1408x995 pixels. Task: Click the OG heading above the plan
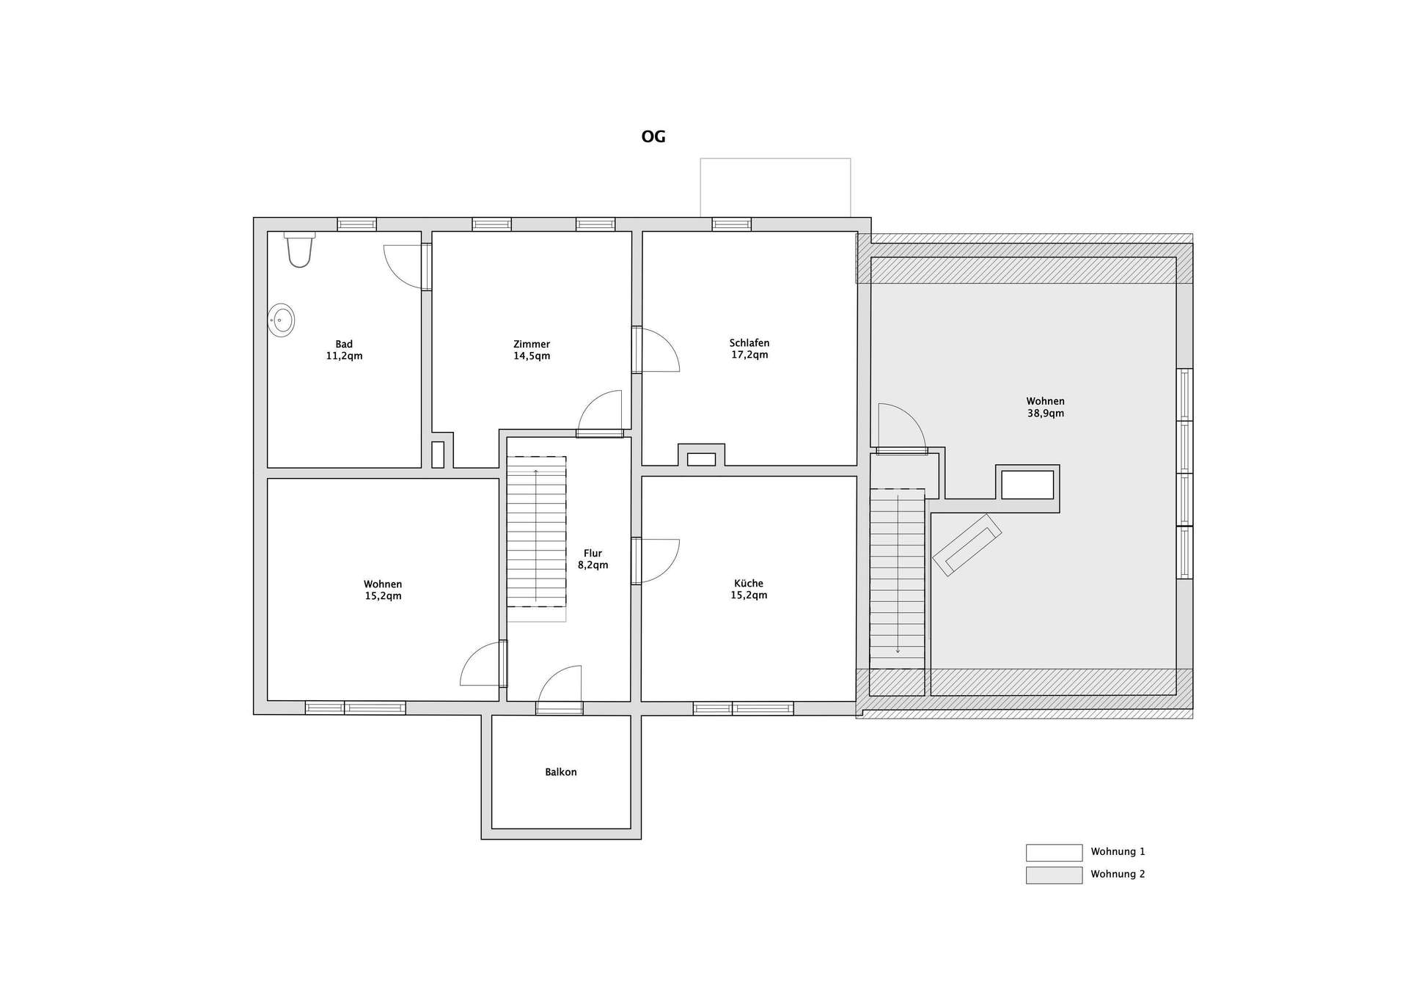click(x=653, y=137)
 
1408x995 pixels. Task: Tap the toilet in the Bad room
click(x=299, y=250)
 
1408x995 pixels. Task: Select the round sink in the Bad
click(x=281, y=320)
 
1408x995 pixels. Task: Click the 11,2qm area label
click(x=344, y=356)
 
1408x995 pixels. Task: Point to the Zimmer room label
click(x=532, y=344)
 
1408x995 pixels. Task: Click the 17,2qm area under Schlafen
click(x=749, y=355)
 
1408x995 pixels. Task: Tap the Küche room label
click(x=749, y=584)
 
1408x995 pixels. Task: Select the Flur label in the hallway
click(x=593, y=554)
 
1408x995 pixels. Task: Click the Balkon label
click(x=561, y=772)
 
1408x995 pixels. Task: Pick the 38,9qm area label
click(x=1046, y=414)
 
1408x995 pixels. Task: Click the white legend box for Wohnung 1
click(x=1054, y=853)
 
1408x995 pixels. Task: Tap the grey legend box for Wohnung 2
click(x=1054, y=875)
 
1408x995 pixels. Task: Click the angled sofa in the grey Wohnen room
click(x=967, y=545)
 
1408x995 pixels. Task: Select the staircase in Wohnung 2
click(x=897, y=579)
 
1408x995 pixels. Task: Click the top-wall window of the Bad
click(x=357, y=224)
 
